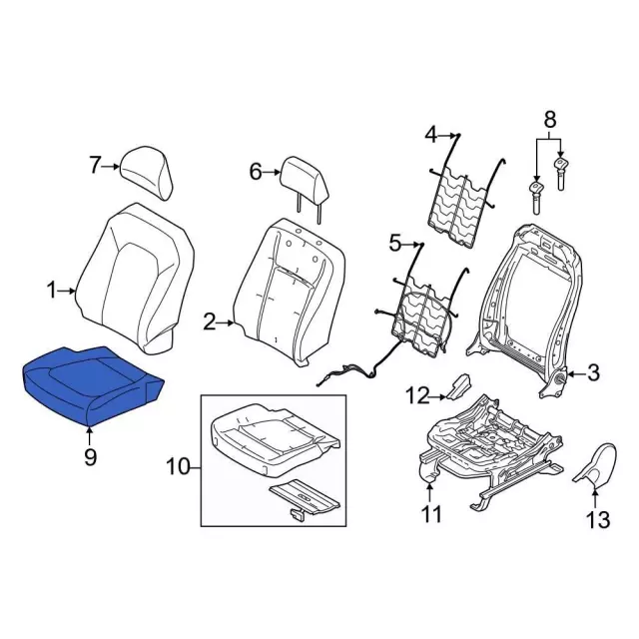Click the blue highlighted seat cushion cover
click(92, 385)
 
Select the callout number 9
click(90, 457)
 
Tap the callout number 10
click(179, 467)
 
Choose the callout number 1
click(51, 291)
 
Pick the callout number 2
click(209, 323)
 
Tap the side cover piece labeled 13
click(596, 465)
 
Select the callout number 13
click(598, 520)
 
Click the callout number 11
click(431, 514)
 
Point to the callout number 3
click(593, 372)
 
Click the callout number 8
click(549, 120)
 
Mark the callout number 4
click(430, 135)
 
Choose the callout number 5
click(395, 244)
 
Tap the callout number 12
click(417, 395)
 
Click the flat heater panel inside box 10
click(304, 499)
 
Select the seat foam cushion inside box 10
click(274, 440)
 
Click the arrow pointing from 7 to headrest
click(110, 167)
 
